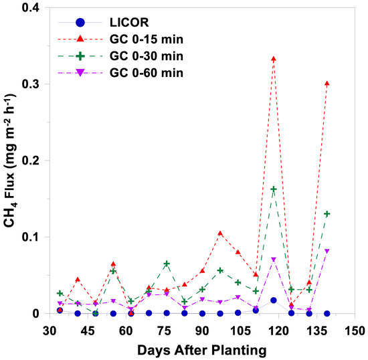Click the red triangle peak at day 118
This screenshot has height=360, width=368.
274,59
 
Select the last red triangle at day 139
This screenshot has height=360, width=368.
327,84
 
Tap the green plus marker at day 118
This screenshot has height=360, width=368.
274,189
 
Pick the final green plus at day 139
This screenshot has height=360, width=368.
327,214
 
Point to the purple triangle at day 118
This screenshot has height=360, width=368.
274,260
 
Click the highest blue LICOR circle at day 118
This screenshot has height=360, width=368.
274,300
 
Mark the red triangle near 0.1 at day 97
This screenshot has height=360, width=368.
220,234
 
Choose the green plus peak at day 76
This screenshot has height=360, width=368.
167,264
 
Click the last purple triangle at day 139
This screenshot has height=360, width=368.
327,251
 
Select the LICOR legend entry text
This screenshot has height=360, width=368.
129,23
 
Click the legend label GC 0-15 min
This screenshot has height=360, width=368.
147,39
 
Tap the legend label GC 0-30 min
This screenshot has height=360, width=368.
147,56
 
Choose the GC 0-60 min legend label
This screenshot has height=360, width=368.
147,73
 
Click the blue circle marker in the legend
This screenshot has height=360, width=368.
80,23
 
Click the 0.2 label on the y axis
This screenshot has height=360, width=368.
30,161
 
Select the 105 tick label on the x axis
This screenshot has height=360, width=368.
240,331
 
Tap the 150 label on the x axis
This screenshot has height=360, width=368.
355,331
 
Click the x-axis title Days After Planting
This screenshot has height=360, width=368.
202,351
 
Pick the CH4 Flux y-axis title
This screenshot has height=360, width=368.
10,161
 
